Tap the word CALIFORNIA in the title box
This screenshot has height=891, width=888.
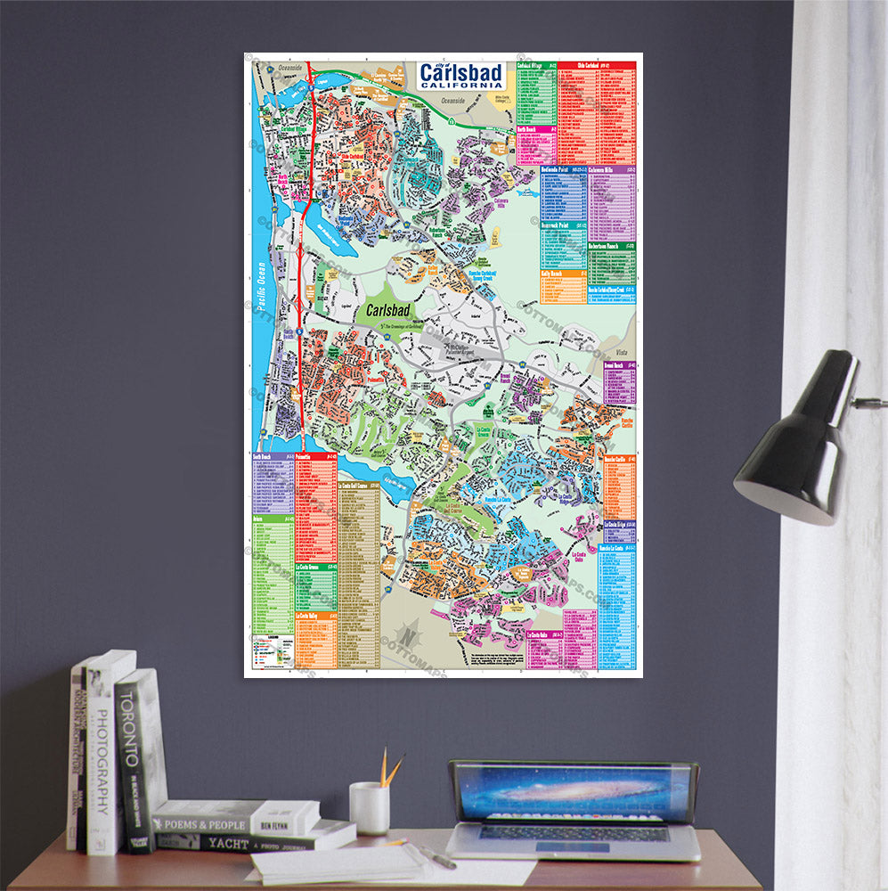pyautogui.click(x=461, y=84)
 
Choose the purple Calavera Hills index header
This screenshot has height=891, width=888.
pyautogui.click(x=613, y=168)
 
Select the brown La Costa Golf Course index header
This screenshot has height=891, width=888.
pyautogui.click(x=359, y=486)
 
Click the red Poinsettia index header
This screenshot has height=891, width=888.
pyautogui.click(x=316, y=455)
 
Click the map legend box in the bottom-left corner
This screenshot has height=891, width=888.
pyautogui.click(x=271, y=651)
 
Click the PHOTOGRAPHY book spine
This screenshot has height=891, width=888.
pyautogui.click(x=102, y=757)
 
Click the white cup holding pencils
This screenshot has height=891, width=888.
pyautogui.click(x=369, y=807)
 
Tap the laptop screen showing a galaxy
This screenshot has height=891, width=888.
pyautogui.click(x=573, y=791)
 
